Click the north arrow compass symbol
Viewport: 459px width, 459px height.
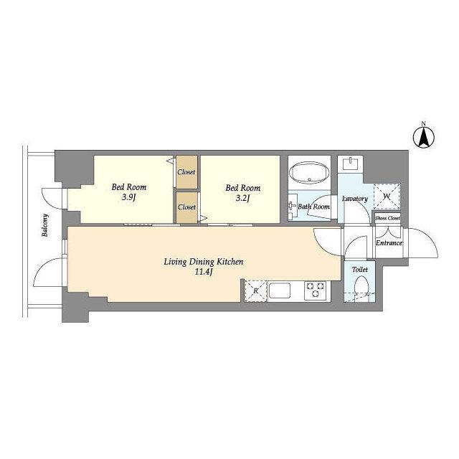(424, 137)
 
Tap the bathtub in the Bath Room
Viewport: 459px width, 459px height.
(309, 173)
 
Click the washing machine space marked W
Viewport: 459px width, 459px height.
(387, 196)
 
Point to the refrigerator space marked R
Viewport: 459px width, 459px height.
(255, 290)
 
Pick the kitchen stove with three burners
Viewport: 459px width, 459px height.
(315, 290)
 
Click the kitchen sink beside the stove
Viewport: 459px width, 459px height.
(280, 290)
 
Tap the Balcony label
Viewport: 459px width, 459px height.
(45, 225)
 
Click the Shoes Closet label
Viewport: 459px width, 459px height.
(387, 218)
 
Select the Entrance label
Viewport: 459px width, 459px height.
(389, 243)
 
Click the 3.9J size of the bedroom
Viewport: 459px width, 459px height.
(129, 198)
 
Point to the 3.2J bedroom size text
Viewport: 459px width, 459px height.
(242, 199)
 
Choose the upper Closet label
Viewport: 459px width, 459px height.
(186, 172)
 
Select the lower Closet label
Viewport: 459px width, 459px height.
(186, 207)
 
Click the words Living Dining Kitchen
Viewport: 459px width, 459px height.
(204, 261)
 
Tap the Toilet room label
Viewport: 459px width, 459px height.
(360, 270)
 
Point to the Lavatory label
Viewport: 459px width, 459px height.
(355, 199)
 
